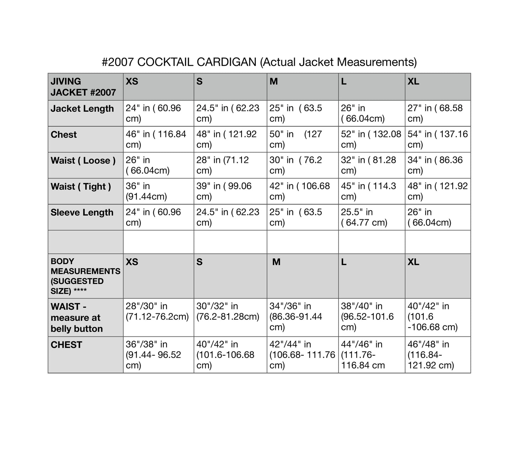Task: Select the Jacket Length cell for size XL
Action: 437,113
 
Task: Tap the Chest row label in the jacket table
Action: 64,135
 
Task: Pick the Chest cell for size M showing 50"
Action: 302,139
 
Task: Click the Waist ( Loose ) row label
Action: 83,161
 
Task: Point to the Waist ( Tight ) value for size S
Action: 230,191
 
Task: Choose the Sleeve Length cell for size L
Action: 371,217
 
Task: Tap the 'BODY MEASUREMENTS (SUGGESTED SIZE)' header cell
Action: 85,276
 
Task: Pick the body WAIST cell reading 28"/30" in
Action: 158,311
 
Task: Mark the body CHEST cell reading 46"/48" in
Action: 437,355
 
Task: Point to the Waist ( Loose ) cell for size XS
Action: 158,165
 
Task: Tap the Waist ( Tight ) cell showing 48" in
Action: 437,191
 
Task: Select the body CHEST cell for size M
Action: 302,355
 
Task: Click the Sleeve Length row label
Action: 82,213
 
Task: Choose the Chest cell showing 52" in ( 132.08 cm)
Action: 371,139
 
